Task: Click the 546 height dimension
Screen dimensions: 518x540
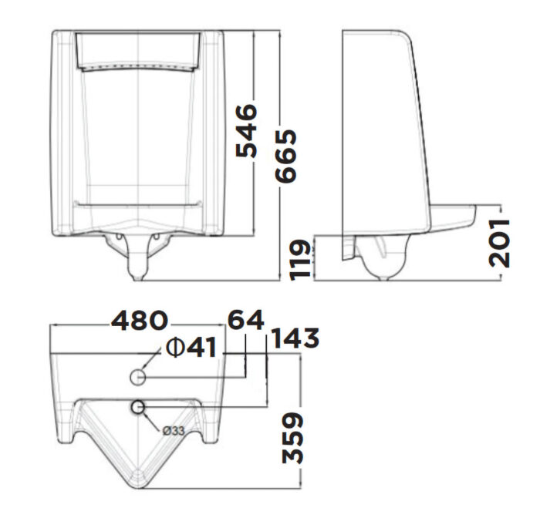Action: click(246, 132)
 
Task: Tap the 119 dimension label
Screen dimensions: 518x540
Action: click(302, 259)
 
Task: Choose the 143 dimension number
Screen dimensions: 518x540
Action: click(295, 338)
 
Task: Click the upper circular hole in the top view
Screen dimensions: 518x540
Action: click(137, 377)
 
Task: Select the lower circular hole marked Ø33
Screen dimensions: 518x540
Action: click(138, 407)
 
